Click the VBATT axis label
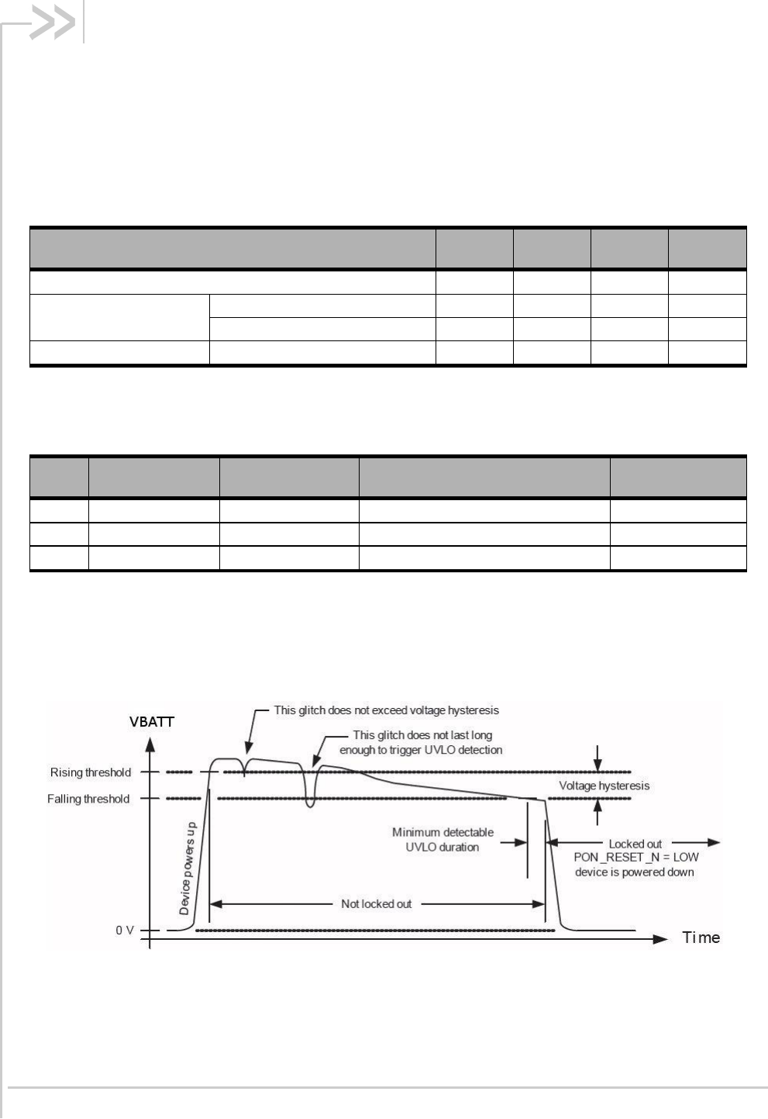[x=152, y=721]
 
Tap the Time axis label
[x=701, y=938]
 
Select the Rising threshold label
[x=91, y=772]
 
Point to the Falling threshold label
[x=88, y=799]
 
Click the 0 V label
[x=125, y=930]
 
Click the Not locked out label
[x=376, y=903]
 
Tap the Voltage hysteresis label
[x=604, y=786]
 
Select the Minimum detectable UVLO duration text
[x=443, y=840]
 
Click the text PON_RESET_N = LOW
[x=635, y=857]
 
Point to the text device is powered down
[x=634, y=872]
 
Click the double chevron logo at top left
[x=52, y=24]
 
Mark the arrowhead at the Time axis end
[x=660, y=938]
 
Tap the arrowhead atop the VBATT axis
[x=150, y=744]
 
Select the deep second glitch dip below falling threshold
[x=310, y=805]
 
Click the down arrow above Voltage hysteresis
[x=598, y=763]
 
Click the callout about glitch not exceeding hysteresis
[x=387, y=710]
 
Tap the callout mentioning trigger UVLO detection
[x=422, y=742]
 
